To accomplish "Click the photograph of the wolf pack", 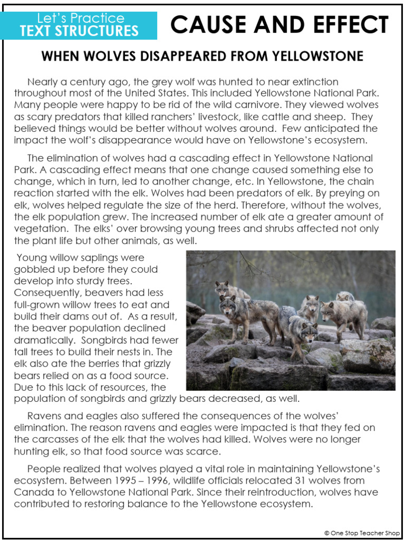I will pyautogui.click(x=291, y=320).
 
